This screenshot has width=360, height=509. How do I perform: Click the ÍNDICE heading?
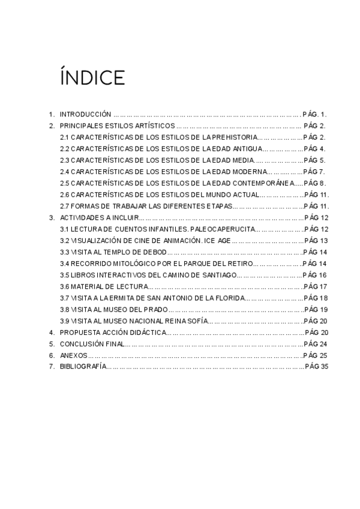(92, 77)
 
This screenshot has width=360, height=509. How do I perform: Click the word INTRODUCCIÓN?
(85, 113)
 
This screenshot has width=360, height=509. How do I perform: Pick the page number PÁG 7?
(315, 172)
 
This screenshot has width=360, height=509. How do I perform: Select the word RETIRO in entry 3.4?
(238, 264)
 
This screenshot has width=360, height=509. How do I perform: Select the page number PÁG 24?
(316, 344)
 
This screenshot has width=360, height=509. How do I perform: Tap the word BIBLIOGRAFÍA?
(83, 367)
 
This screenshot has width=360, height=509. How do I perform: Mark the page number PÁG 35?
(317, 367)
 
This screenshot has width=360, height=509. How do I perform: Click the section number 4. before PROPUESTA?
(52, 333)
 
